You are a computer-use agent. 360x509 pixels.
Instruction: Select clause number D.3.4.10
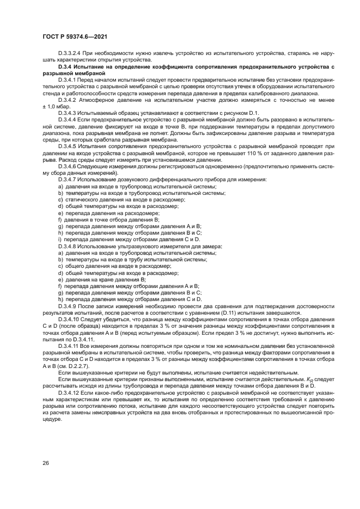tap(70, 320)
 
